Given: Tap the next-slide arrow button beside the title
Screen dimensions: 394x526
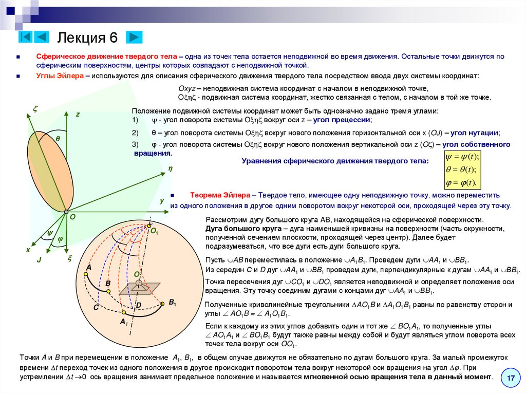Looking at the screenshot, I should point(134,37).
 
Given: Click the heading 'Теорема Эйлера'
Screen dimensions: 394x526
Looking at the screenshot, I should point(220,196).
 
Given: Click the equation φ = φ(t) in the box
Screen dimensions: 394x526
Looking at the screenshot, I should point(461,183).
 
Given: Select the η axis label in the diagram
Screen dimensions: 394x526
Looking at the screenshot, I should point(170,168).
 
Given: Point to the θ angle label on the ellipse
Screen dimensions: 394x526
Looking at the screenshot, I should point(58,139).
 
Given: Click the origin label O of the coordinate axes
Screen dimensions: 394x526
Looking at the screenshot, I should point(72,217).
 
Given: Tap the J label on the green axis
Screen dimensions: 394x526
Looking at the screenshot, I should point(39,260).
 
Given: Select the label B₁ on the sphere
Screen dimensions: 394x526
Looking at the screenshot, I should point(172,303).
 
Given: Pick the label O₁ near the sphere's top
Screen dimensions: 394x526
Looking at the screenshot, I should point(154,232).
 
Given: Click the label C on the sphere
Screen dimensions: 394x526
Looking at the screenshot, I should point(96,307).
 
